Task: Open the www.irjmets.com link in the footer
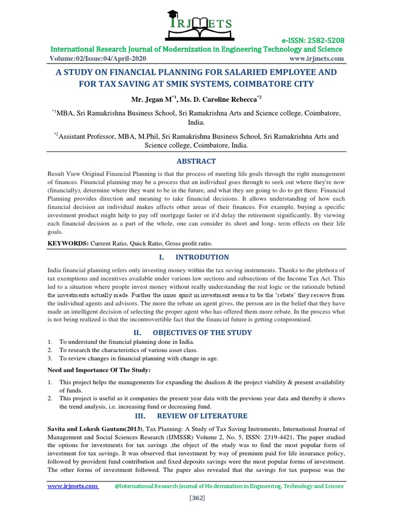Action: coord(73,486)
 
